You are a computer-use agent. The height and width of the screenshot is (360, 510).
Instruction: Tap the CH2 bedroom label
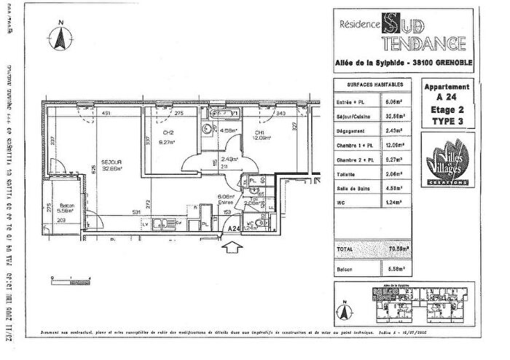click(x=168, y=133)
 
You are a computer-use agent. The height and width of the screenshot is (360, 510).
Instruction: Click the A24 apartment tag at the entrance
click(x=233, y=228)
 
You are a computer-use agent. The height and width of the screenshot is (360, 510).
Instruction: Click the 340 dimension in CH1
click(x=281, y=114)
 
